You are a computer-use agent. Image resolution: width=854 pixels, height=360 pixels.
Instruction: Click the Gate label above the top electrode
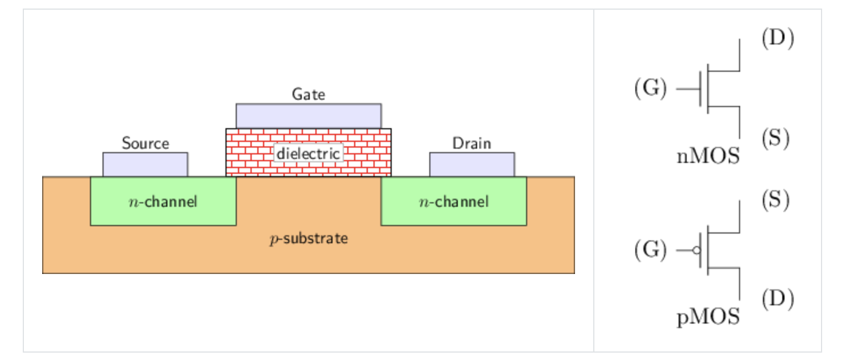point(308,94)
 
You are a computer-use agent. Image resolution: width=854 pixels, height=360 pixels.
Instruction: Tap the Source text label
point(145,143)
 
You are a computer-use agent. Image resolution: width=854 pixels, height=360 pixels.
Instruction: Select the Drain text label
point(471,143)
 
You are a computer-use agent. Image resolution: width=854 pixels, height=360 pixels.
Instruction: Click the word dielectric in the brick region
point(308,153)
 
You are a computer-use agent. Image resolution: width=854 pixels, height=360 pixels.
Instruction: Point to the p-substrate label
point(308,238)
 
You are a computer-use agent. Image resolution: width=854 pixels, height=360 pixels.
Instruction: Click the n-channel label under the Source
point(163,201)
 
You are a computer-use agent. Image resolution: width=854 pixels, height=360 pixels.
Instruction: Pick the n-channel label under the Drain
point(454,201)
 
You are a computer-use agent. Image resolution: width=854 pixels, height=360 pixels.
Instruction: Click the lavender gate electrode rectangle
point(308,116)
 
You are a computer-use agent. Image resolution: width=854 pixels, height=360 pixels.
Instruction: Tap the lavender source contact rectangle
point(145,165)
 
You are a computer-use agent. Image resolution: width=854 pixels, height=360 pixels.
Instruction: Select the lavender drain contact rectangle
point(471,165)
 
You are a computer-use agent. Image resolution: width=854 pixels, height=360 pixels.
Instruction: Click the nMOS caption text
point(708,156)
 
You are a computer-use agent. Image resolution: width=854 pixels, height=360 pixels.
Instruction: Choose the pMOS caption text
point(708,317)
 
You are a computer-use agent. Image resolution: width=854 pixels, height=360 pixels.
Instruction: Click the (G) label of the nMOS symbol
point(650,89)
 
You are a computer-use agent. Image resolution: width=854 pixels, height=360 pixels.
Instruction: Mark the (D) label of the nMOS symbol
point(777,38)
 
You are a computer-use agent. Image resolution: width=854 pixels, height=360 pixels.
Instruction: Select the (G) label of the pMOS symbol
point(650,250)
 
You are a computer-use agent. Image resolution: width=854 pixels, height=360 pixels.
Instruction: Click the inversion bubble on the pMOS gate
point(696,250)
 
